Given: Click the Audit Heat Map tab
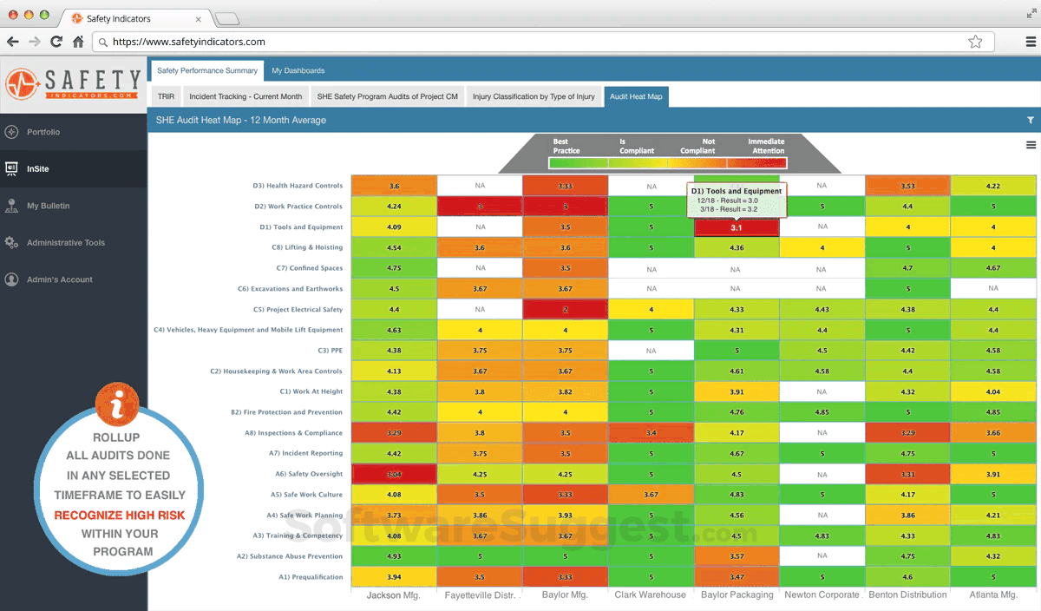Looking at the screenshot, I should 636,96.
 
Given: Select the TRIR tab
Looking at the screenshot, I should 165,96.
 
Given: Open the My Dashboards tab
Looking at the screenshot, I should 298,70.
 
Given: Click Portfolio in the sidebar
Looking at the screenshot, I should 43,132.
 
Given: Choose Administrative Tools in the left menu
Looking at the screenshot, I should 65,243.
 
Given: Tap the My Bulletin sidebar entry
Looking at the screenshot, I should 48,206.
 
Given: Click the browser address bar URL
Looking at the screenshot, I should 189,42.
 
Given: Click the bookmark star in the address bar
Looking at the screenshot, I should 975,42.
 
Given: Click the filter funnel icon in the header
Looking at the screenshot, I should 1030,121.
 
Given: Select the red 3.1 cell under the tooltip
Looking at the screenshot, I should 736,227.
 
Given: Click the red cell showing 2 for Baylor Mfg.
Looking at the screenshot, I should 565,310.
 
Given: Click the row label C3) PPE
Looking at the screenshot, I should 331,351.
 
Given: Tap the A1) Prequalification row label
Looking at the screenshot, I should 310,577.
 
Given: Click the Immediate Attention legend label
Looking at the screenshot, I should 766,146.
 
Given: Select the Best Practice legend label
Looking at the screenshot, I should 566,146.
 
